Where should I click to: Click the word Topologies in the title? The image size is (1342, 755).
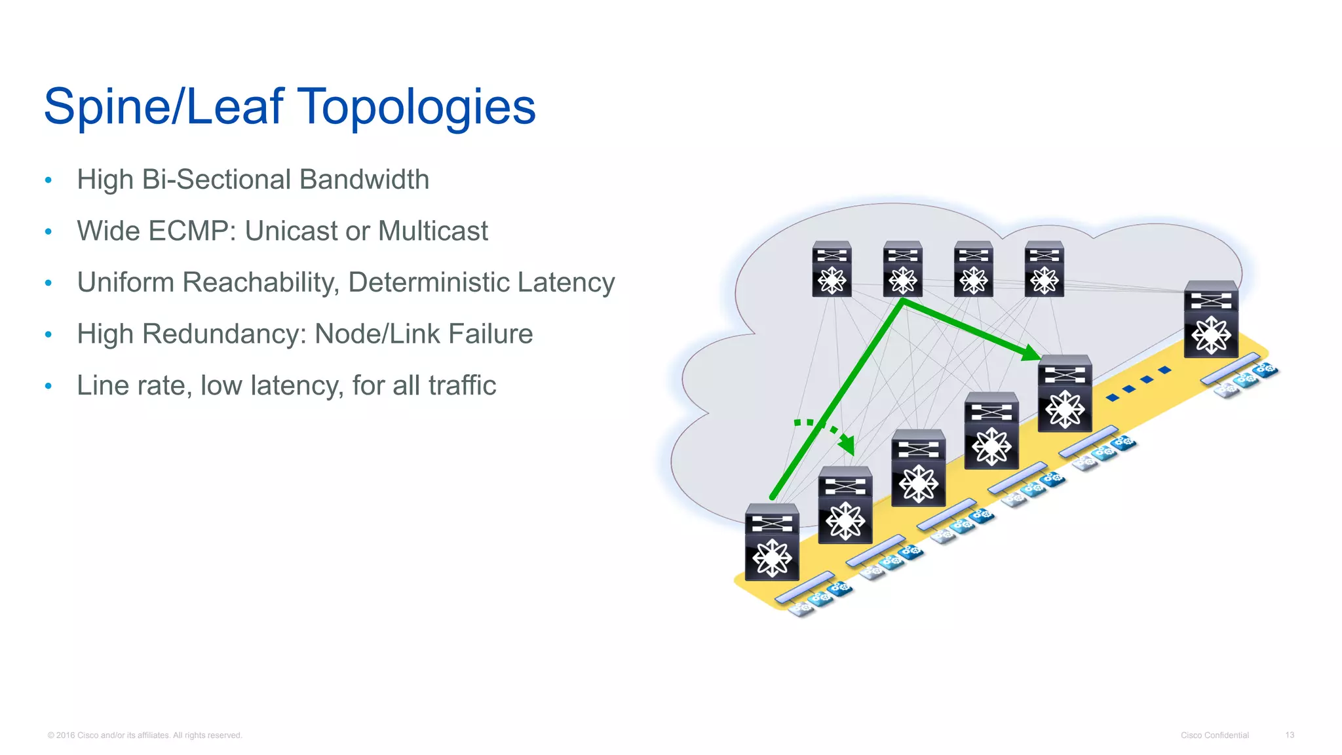point(417,107)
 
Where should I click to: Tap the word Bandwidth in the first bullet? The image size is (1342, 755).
point(364,180)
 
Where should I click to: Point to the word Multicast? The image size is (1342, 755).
point(432,231)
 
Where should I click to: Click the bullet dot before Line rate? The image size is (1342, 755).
point(48,386)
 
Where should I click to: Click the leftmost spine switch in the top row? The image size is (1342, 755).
point(832,269)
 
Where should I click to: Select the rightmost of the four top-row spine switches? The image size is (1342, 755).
point(1044,269)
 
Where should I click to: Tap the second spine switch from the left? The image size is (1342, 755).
point(902,269)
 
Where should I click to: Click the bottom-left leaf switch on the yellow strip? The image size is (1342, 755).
point(772,543)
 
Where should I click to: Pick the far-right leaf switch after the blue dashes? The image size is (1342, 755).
point(1211,320)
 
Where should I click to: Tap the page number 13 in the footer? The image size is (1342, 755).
point(1289,735)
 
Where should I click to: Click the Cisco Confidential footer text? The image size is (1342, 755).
point(1214,735)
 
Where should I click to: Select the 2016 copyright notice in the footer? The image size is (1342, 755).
point(145,735)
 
